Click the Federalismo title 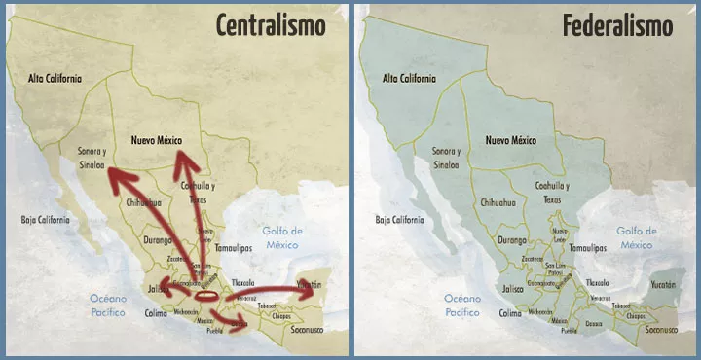coord(617,25)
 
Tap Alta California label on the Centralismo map coord(55,78)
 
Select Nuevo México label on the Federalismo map coord(511,140)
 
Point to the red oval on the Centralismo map coord(207,295)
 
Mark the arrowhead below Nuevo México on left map coord(182,161)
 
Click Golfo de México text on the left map coord(282,237)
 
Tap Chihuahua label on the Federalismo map coord(498,203)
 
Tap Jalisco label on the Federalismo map coord(513,288)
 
